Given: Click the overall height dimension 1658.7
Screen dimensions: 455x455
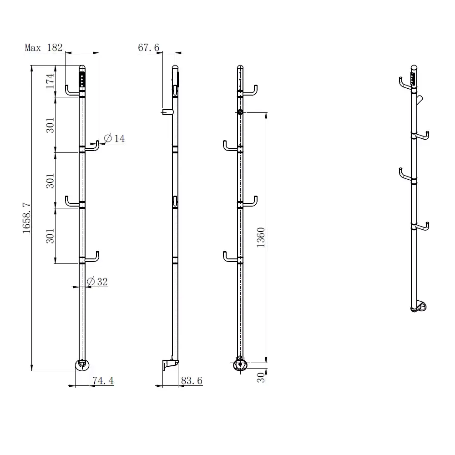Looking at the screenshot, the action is pyautogui.click(x=26, y=218).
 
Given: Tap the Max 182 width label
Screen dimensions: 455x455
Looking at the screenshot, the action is pyautogui.click(x=44, y=47).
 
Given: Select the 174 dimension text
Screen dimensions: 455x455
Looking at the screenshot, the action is pyautogui.click(x=50, y=81).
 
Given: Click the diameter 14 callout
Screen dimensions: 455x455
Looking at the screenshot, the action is pyautogui.click(x=114, y=138).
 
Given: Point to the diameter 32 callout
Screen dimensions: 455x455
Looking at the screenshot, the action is pyautogui.click(x=97, y=281).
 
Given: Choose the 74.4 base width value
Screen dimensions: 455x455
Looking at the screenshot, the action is pyautogui.click(x=103, y=380).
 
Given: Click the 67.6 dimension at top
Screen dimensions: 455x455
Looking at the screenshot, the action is pyautogui.click(x=149, y=47).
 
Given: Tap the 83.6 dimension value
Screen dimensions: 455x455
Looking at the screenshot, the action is pyautogui.click(x=192, y=380).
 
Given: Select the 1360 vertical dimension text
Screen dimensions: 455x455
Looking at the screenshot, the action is pyautogui.click(x=261, y=238).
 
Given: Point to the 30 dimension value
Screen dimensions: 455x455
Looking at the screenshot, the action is pyautogui.click(x=261, y=378).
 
